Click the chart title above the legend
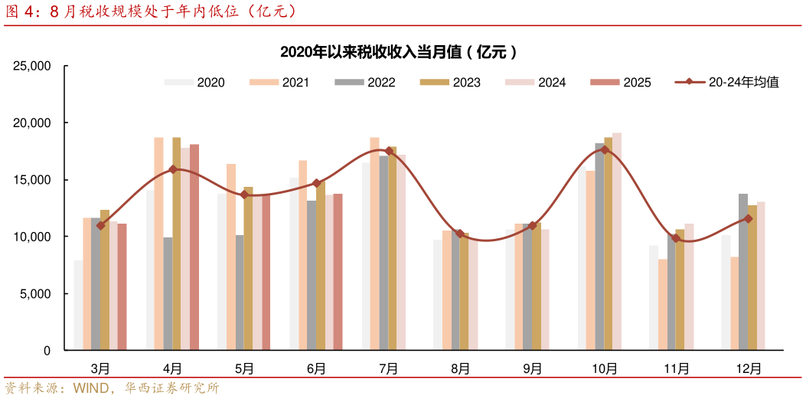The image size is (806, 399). (x=398, y=52)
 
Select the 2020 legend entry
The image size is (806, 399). (x=195, y=82)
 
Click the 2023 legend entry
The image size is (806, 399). (x=451, y=82)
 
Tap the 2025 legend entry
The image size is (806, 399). (x=622, y=82)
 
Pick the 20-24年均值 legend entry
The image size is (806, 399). (x=727, y=82)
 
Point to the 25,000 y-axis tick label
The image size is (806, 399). (x=31, y=67)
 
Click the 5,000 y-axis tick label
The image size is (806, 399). (x=34, y=294)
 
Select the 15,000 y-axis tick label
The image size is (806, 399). (x=31, y=180)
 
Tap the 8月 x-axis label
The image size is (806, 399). (x=460, y=368)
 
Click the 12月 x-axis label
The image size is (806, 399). (x=748, y=368)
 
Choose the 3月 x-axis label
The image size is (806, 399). (x=100, y=368)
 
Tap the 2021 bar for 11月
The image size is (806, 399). (x=662, y=305)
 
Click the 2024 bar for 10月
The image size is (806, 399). (x=617, y=241)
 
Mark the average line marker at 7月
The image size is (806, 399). (x=389, y=151)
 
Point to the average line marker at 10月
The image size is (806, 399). (x=605, y=149)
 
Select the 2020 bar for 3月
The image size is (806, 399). (x=78, y=306)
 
